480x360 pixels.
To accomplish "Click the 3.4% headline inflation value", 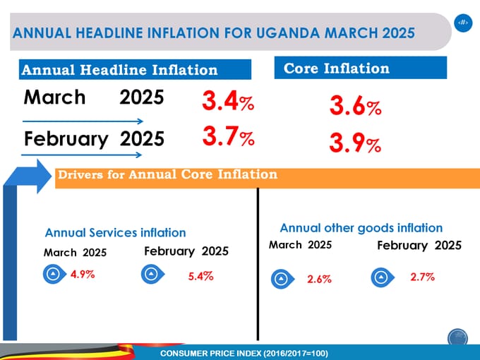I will click(x=227, y=103).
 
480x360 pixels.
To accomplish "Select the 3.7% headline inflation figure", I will click(x=227, y=136).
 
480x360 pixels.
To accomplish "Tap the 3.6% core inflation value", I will click(x=355, y=107).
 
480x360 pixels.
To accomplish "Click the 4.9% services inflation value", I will click(x=83, y=275).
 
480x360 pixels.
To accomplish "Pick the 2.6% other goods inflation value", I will click(x=319, y=280).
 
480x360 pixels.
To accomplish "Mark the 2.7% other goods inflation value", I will click(x=422, y=277).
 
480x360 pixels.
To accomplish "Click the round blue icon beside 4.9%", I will click(x=52, y=275).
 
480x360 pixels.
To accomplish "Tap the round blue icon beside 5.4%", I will click(x=150, y=275).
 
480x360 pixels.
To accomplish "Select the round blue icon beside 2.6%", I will click(x=280, y=280).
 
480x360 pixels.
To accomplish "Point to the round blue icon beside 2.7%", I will click(x=380, y=277).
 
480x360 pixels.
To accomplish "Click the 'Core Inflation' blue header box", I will click(x=360, y=68).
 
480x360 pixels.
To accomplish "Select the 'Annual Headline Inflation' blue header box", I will click(x=135, y=70).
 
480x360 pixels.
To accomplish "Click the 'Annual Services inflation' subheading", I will click(x=115, y=232).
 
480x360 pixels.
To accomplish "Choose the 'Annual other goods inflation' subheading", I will click(x=361, y=228).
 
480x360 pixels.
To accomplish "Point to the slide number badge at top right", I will click(x=462, y=23).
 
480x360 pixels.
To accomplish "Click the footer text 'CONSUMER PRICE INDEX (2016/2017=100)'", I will click(x=244, y=352).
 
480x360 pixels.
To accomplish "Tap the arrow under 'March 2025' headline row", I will click(x=83, y=121).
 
